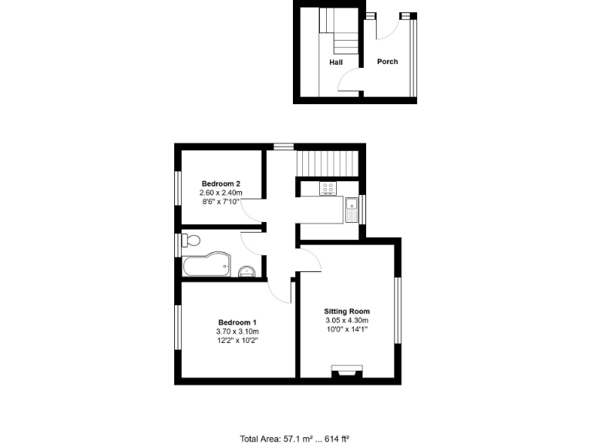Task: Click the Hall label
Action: tap(336, 62)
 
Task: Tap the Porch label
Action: tap(387, 62)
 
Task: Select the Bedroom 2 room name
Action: tap(221, 183)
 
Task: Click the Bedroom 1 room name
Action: tap(237, 322)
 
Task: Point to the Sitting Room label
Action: tap(347, 311)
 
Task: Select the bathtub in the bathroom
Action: tap(206, 265)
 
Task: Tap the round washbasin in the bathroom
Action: tap(247, 270)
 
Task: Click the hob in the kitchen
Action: tap(327, 187)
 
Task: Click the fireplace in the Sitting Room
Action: tap(346, 374)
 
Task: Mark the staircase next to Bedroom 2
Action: tap(328, 163)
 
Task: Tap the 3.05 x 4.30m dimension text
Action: tap(347, 321)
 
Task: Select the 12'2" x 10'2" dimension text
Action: tap(237, 340)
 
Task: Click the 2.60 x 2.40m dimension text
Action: tap(221, 193)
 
